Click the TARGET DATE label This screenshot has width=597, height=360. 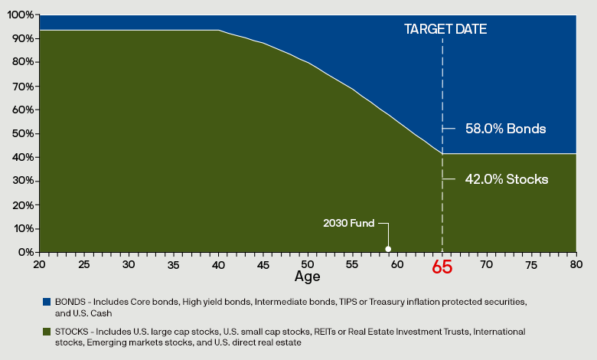(x=445, y=29)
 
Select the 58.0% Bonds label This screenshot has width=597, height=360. (x=505, y=129)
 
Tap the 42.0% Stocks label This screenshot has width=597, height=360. (x=506, y=179)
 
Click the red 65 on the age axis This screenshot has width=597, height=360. (x=442, y=268)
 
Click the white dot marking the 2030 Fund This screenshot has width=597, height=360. (x=388, y=248)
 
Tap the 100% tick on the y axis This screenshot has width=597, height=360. (x=21, y=15)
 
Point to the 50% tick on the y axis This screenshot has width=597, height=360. (x=23, y=133)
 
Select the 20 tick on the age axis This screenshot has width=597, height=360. (x=39, y=263)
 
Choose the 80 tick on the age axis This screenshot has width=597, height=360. (x=576, y=263)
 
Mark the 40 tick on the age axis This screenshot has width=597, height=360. (x=218, y=263)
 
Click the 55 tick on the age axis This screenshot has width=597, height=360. (x=353, y=263)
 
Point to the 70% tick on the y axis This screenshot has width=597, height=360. (x=23, y=86)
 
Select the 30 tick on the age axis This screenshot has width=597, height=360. (x=129, y=263)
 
